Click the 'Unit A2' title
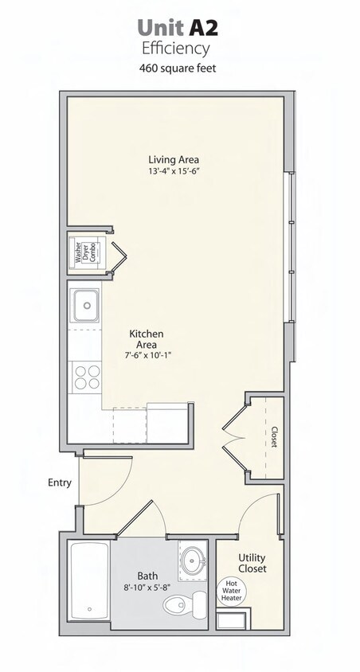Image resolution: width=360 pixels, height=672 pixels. [177, 28]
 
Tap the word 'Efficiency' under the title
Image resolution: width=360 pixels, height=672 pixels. [176, 49]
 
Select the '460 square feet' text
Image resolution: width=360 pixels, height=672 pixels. [177, 68]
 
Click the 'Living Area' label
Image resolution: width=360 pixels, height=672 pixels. [173, 158]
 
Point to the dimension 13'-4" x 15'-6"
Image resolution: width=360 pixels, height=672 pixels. [173, 171]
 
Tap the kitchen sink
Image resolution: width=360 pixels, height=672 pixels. [85, 303]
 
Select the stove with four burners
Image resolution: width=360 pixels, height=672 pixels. [86, 375]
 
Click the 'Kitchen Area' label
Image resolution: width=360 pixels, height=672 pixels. [147, 339]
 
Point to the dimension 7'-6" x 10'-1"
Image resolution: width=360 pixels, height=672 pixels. [147, 356]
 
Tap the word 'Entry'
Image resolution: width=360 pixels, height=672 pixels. [60, 483]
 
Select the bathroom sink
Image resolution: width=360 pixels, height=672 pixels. [192, 560]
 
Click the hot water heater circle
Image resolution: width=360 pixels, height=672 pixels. [231, 590]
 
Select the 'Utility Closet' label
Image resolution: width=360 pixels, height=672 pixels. [252, 563]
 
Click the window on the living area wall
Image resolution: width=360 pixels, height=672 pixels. [291, 247]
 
